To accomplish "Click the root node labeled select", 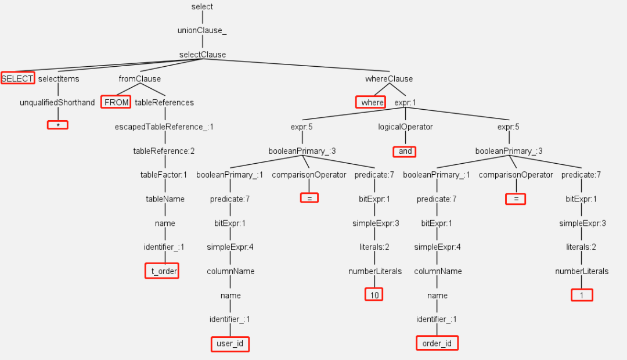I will [202, 7].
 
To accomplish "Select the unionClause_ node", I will [202, 31].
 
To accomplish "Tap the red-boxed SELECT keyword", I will [17, 78].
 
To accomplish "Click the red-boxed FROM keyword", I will [116, 102].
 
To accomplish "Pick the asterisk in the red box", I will [57, 124].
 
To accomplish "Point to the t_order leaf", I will [162, 271].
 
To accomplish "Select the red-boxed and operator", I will [405, 151].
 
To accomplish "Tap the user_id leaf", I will [230, 344].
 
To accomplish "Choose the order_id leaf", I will [437, 344].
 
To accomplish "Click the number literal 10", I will [374, 295].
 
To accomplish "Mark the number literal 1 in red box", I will [582, 295].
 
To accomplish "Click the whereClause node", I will [389, 78].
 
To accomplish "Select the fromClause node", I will [140, 78].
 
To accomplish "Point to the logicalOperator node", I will [405, 127].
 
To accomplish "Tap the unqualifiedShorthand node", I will [57, 103].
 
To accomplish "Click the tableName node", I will [165, 199].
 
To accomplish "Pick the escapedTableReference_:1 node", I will [165, 127].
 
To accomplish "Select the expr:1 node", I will [405, 103].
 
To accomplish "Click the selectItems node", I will [59, 78].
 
